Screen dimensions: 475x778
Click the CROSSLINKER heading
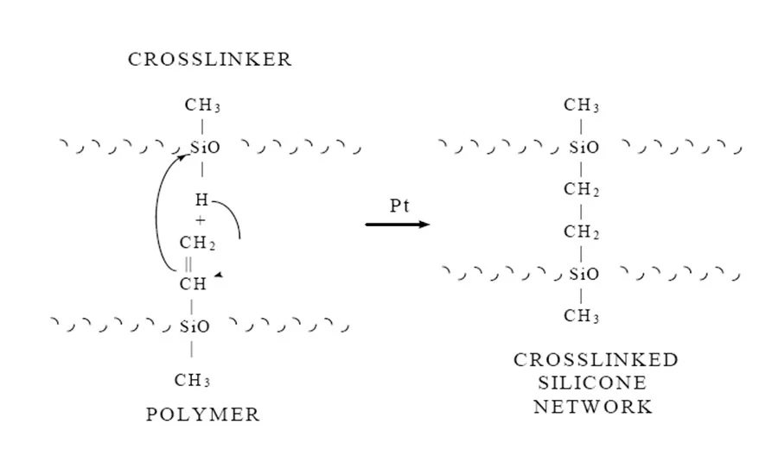(210, 60)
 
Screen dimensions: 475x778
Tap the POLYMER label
(203, 415)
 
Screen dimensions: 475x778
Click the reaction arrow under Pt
(398, 225)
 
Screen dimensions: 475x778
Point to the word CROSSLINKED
(596, 360)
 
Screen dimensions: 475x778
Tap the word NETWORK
(593, 407)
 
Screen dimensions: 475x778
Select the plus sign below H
(201, 220)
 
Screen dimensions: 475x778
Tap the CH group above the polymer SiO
(193, 283)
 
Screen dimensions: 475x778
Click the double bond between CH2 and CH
(189, 264)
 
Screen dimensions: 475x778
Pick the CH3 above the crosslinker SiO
(203, 106)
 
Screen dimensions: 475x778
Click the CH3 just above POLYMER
(192, 380)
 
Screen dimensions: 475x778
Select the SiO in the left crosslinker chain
(205, 148)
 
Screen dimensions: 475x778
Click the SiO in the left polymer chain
(194, 326)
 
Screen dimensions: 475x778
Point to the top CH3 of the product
(582, 106)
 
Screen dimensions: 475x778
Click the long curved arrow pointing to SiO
(158, 216)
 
